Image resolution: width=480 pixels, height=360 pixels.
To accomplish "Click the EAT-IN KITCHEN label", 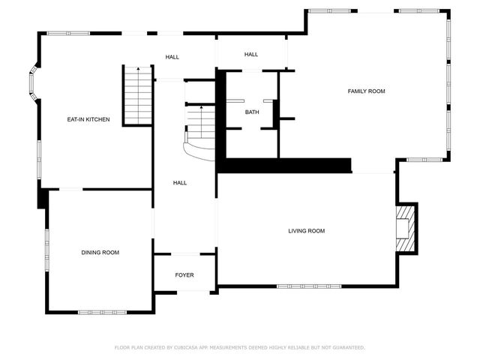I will point(88,119).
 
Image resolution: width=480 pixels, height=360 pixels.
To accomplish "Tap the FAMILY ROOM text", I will point(366,91).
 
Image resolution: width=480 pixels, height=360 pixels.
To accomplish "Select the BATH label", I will point(252,112).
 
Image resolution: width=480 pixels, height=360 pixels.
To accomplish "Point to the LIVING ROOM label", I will point(307,231).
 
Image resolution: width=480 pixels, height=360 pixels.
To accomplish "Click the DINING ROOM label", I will point(100,253).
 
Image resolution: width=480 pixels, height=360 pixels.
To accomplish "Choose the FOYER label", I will point(184,275).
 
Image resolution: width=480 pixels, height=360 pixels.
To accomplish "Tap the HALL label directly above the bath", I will point(251,54).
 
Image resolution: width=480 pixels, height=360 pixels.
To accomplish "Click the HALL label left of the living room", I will point(180,183).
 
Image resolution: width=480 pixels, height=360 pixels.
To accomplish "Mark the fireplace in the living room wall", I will point(405,228).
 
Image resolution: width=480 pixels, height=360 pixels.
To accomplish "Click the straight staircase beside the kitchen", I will point(138,96).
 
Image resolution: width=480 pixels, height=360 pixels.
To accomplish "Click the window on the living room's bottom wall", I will point(307,286).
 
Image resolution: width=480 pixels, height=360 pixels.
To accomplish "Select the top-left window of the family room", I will point(328,10).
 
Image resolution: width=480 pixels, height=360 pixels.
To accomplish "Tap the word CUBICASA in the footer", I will point(189,347).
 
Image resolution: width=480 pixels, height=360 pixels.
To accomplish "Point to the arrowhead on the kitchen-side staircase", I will point(138,68).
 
